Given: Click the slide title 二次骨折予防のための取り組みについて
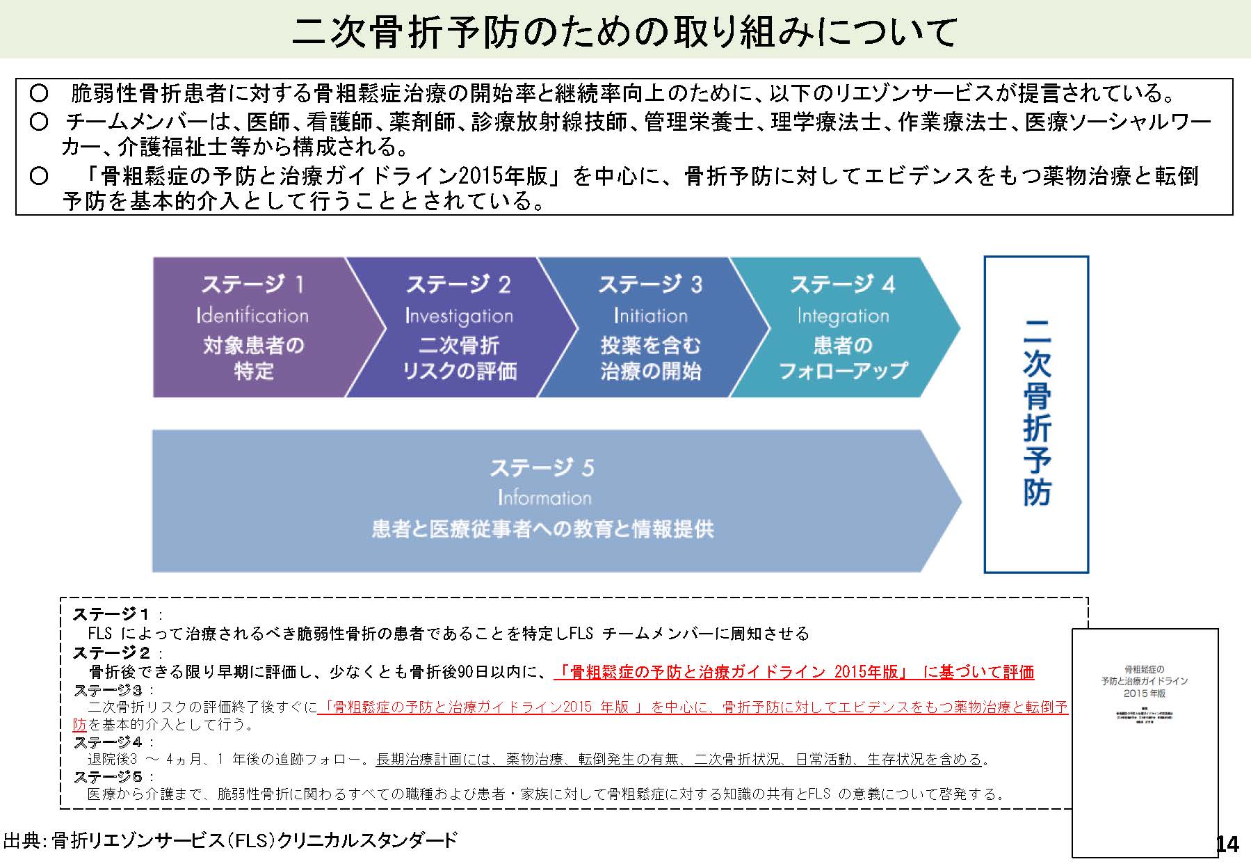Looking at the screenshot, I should (624, 31).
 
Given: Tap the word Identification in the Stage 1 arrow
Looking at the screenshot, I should (252, 316).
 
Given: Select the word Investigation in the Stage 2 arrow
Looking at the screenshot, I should (459, 316).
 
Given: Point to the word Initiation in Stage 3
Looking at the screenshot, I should (650, 316).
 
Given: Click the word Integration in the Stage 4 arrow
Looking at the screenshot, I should (843, 316).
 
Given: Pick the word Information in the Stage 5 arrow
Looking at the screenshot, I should (544, 498).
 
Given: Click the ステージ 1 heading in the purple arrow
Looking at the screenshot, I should (252, 284).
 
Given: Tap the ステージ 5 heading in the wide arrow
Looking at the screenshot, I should (542, 467).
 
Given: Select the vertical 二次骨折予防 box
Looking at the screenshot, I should (1036, 414).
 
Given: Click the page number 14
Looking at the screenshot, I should (1227, 844).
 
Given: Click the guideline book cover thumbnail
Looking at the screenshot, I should (1145, 741).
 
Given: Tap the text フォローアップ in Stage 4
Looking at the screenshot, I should (843, 371).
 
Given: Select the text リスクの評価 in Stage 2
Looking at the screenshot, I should (459, 371).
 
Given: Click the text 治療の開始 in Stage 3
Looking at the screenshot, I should (650, 371).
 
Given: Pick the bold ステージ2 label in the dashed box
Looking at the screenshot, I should (111, 652).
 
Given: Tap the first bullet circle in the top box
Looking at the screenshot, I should (39, 93).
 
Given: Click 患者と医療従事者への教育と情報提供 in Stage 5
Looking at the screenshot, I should (542, 529).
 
